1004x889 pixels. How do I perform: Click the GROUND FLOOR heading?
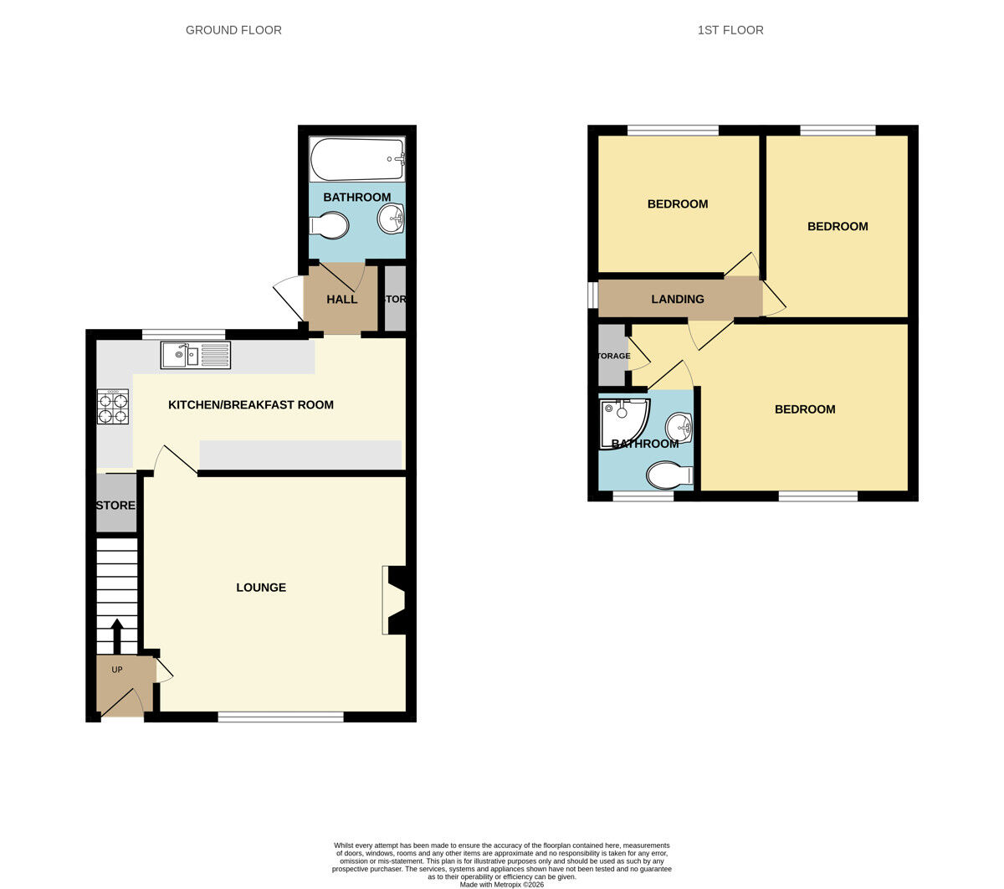tap(233, 30)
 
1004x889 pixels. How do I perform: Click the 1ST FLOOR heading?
tap(730, 30)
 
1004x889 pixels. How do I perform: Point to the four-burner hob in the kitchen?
tap(113, 407)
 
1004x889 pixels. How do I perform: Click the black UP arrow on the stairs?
tap(116, 635)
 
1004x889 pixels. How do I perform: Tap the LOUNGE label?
tap(261, 588)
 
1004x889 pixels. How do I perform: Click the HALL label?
tap(341, 300)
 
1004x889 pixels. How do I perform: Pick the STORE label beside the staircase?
tap(115, 506)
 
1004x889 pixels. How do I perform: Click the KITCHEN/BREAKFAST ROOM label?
tap(251, 405)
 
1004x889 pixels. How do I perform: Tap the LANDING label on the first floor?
tap(678, 299)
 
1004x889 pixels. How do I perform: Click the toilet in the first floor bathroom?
tap(668, 475)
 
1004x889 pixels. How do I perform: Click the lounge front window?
tap(280, 717)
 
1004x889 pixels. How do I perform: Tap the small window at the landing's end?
tap(592, 295)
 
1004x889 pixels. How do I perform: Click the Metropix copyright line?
tap(501, 884)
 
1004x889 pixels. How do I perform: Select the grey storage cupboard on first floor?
tap(612, 356)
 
